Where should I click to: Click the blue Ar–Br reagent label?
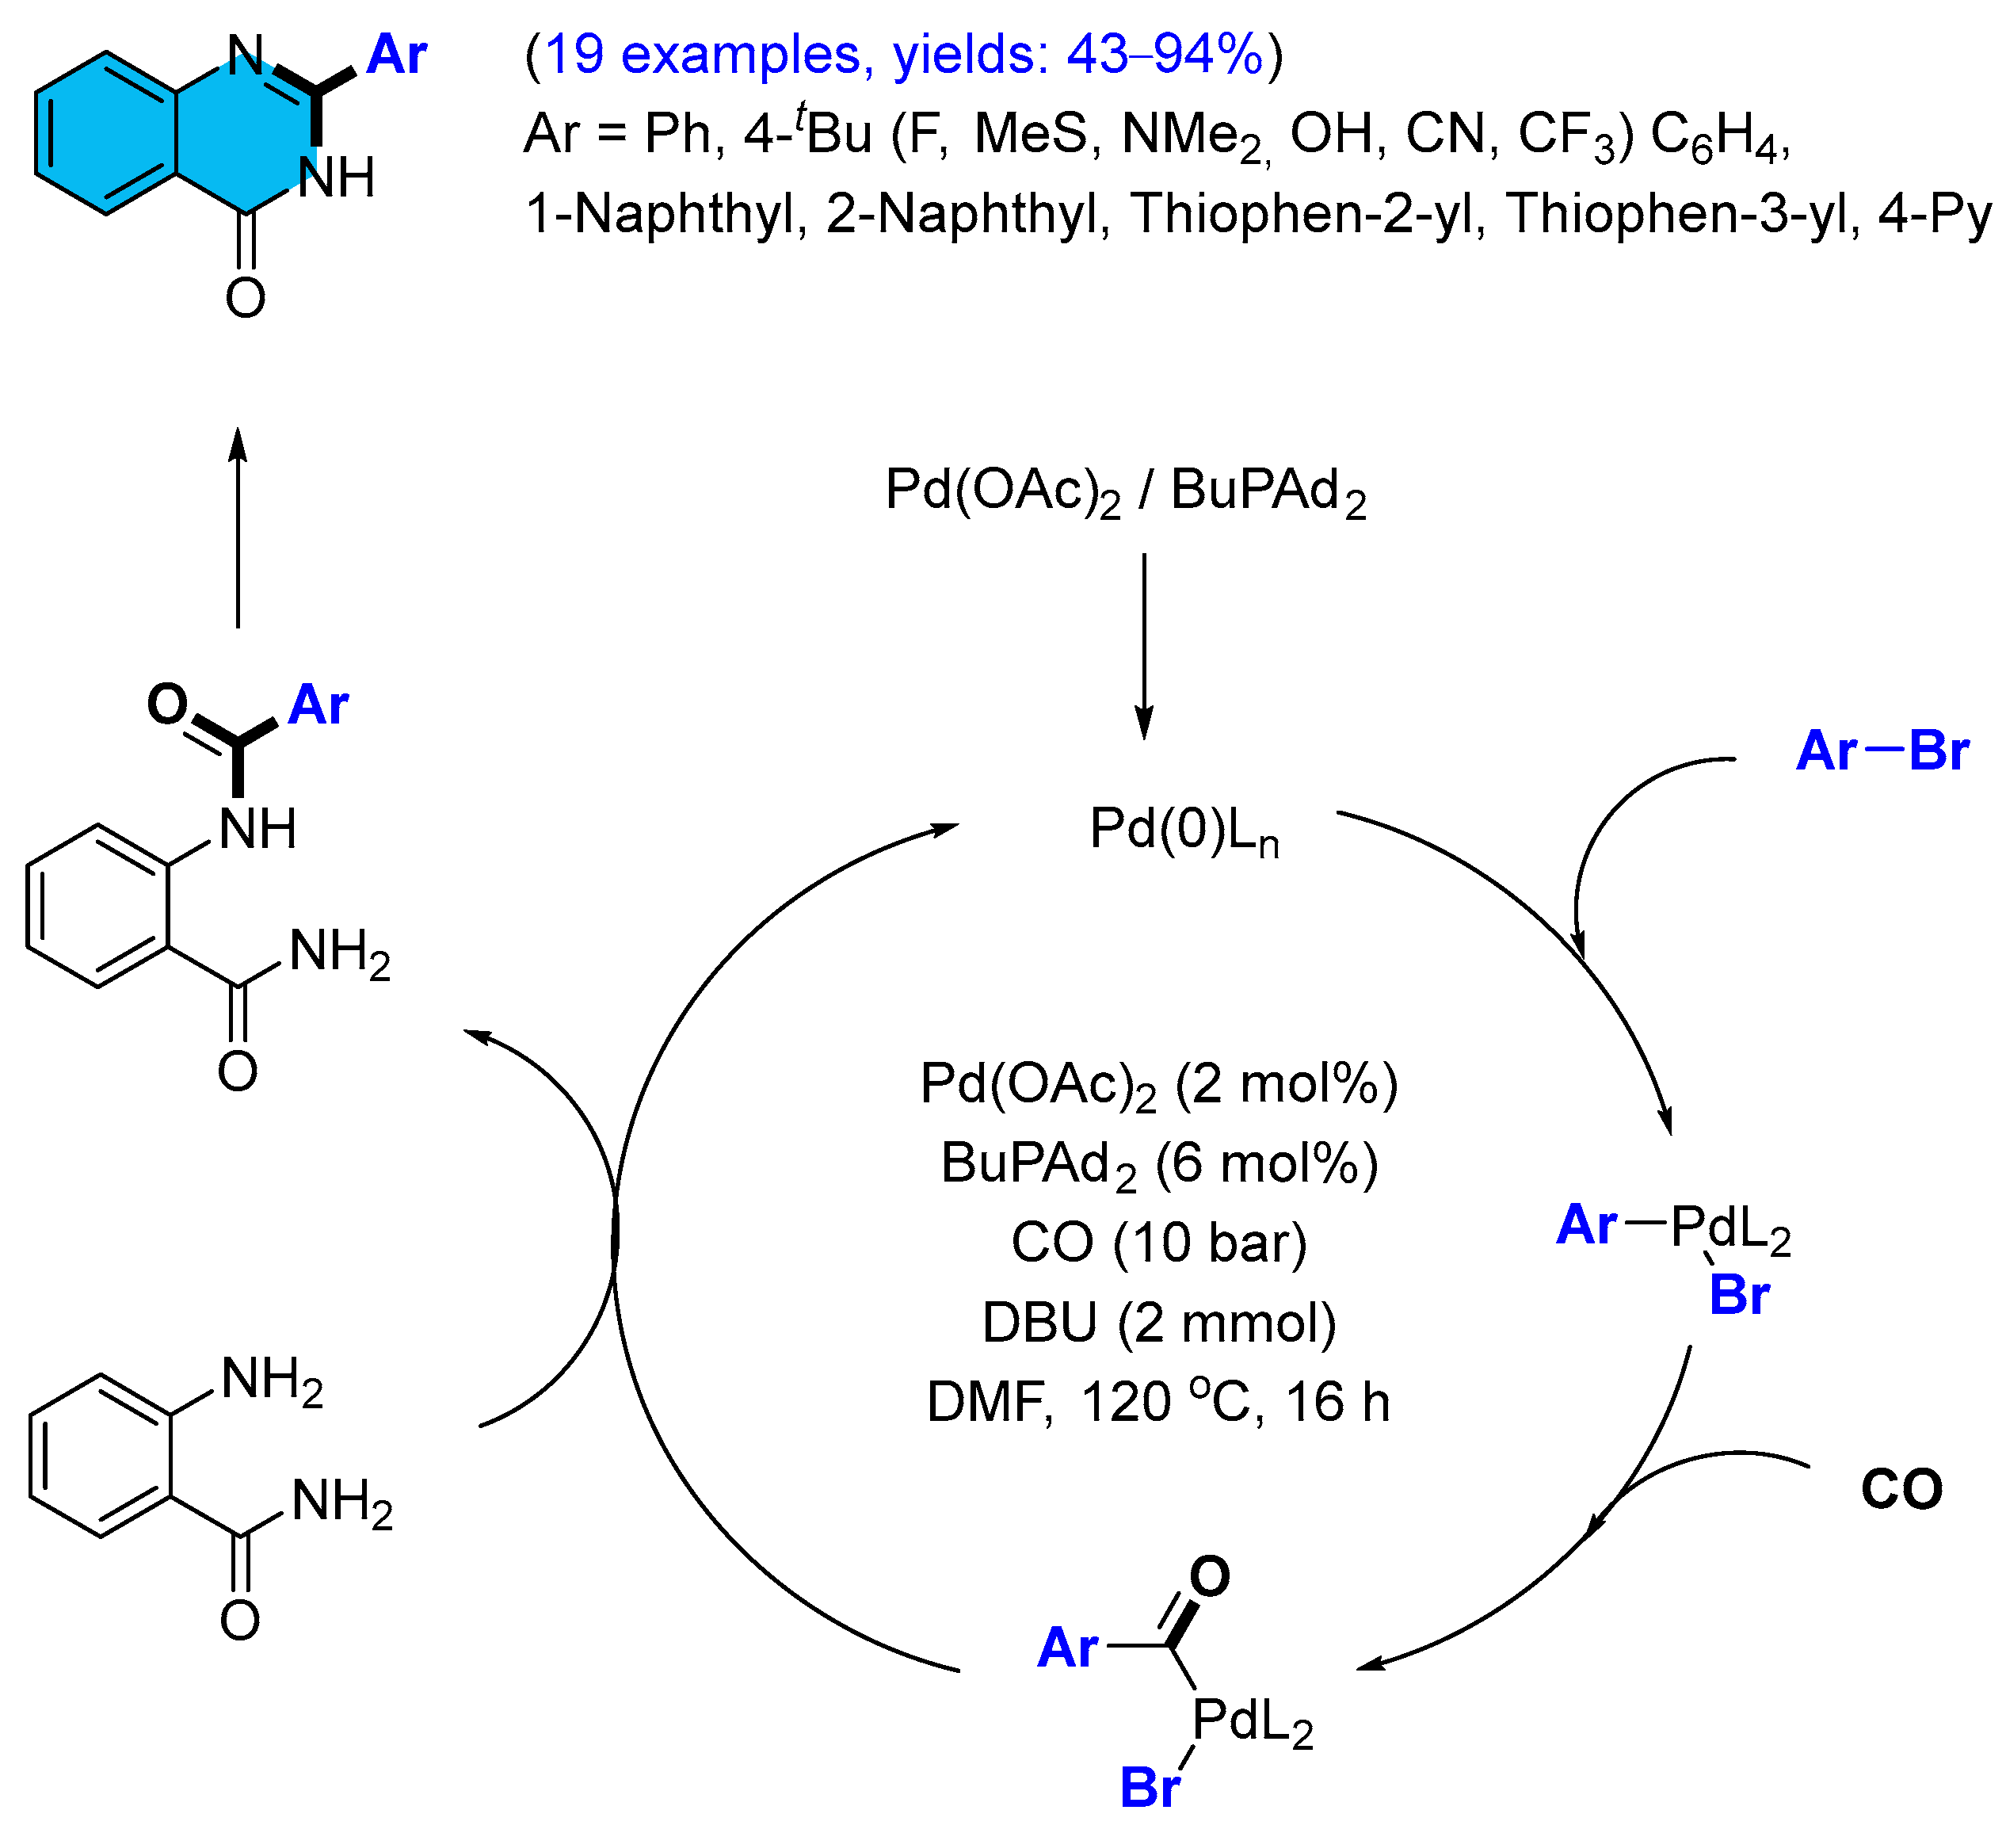click(x=1881, y=750)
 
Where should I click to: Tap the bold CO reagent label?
click(x=1901, y=1490)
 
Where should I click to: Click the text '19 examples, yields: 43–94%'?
click(x=903, y=54)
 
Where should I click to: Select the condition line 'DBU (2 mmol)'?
click(x=1159, y=1323)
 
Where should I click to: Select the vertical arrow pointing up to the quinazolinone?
click(x=238, y=528)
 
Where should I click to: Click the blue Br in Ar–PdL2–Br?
click(x=1738, y=1295)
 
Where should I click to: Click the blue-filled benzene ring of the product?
click(x=106, y=133)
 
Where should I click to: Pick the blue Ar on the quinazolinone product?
click(x=396, y=54)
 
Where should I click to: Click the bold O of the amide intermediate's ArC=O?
click(x=167, y=704)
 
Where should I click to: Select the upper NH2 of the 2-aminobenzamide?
click(x=272, y=1381)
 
